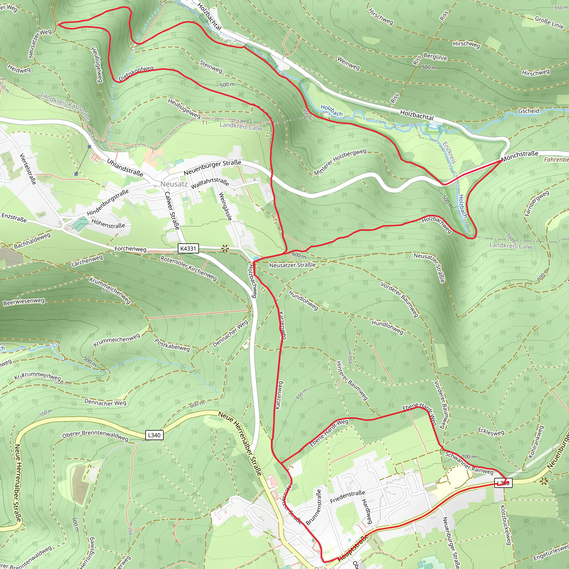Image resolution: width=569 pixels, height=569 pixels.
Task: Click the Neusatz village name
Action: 174,184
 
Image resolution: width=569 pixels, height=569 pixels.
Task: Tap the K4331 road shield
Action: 188,248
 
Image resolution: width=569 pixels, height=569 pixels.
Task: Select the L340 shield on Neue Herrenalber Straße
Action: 154,435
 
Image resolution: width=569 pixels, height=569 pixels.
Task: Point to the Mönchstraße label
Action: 520,156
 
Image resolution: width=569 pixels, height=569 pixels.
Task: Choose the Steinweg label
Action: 211,66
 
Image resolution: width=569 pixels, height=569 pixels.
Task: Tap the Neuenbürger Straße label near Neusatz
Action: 212,167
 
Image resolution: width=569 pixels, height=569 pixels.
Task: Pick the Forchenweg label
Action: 130,249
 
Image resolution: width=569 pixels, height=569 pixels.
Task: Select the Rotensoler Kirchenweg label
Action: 188,268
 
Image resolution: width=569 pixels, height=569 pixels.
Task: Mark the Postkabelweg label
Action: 172,345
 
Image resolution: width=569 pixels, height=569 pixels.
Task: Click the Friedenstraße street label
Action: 348,496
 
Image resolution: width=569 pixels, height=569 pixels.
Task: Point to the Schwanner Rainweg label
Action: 469,463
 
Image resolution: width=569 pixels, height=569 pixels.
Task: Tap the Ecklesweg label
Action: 491,432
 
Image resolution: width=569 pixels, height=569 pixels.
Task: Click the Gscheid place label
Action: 529,111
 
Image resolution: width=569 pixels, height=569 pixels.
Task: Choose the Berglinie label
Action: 435,57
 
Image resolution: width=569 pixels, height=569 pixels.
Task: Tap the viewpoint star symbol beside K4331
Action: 225,249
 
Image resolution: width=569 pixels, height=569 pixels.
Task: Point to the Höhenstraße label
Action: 108,224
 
